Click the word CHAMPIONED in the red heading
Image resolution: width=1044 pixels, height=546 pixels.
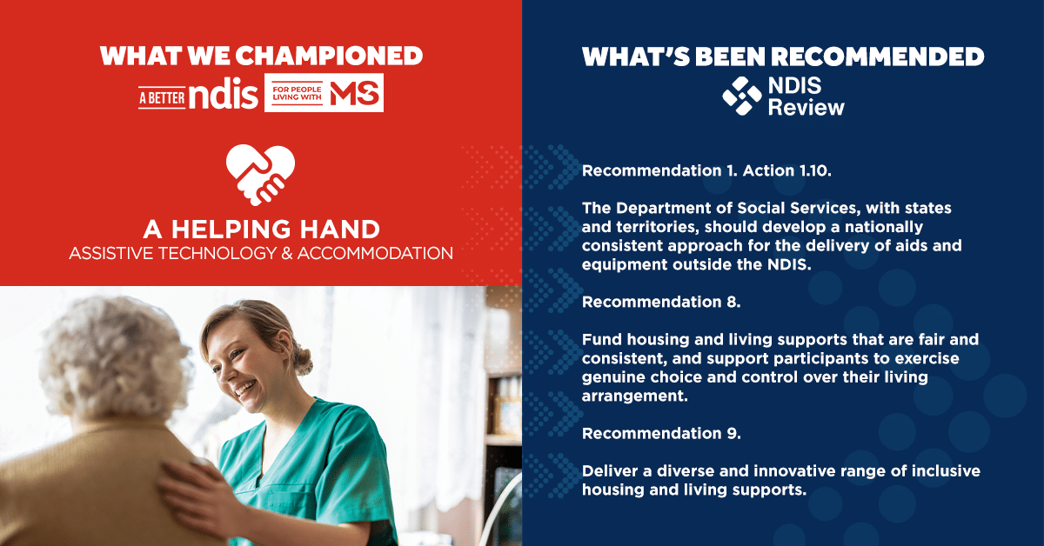pos(329,56)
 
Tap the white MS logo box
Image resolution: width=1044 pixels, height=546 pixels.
pos(324,93)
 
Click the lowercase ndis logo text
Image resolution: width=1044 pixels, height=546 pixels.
pos(224,93)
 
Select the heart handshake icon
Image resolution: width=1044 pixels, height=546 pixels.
pos(260,175)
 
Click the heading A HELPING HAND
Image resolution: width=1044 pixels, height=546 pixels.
pos(262,230)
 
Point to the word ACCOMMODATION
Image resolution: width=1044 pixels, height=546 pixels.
pos(375,253)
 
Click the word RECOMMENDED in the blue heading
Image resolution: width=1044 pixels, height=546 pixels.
pos(877,57)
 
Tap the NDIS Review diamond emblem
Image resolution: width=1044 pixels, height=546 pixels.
pos(742,96)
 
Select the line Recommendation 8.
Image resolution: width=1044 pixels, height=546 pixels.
pos(661,302)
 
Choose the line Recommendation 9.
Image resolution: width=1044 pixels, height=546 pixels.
pos(661,433)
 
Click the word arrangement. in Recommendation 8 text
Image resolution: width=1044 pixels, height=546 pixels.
pos(635,396)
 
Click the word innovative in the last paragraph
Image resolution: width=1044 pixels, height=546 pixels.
pos(794,471)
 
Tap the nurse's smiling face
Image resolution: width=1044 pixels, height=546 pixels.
pos(236,369)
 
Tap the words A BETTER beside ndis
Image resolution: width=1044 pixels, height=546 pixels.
pos(162,98)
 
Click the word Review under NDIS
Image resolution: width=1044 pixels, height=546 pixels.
pos(806,108)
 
